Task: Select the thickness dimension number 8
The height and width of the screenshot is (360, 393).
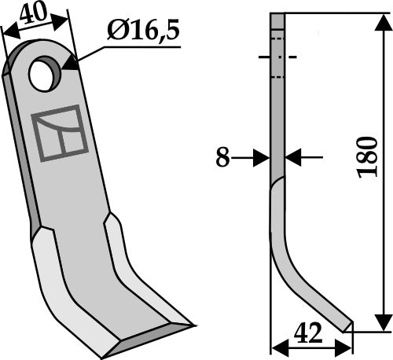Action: [223, 158]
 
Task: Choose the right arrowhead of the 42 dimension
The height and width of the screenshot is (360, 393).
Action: [345, 345]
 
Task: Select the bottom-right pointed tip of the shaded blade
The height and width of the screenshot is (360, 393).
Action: [191, 323]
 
